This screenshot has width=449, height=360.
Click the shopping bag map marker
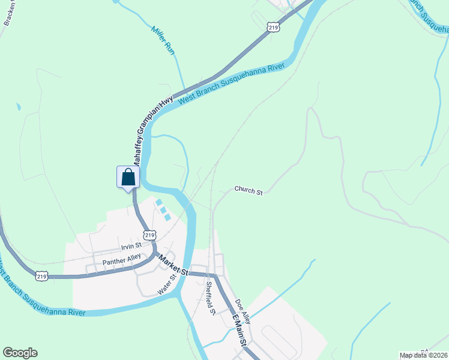[x=128, y=178]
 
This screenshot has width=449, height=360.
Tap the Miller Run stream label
[x=163, y=41]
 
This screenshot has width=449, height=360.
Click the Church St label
[x=249, y=191]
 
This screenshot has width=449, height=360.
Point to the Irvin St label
[x=130, y=245]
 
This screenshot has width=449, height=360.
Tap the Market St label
[x=173, y=265]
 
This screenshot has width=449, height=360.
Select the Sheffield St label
[x=210, y=298]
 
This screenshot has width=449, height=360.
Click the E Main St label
[x=240, y=330]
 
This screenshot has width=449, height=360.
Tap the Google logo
[x=20, y=353]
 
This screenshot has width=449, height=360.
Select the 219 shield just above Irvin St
[x=149, y=235]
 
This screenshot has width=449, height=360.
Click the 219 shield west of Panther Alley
[x=41, y=276]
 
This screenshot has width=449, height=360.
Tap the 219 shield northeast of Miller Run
[x=273, y=27]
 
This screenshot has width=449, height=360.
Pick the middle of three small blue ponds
[x=163, y=210]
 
